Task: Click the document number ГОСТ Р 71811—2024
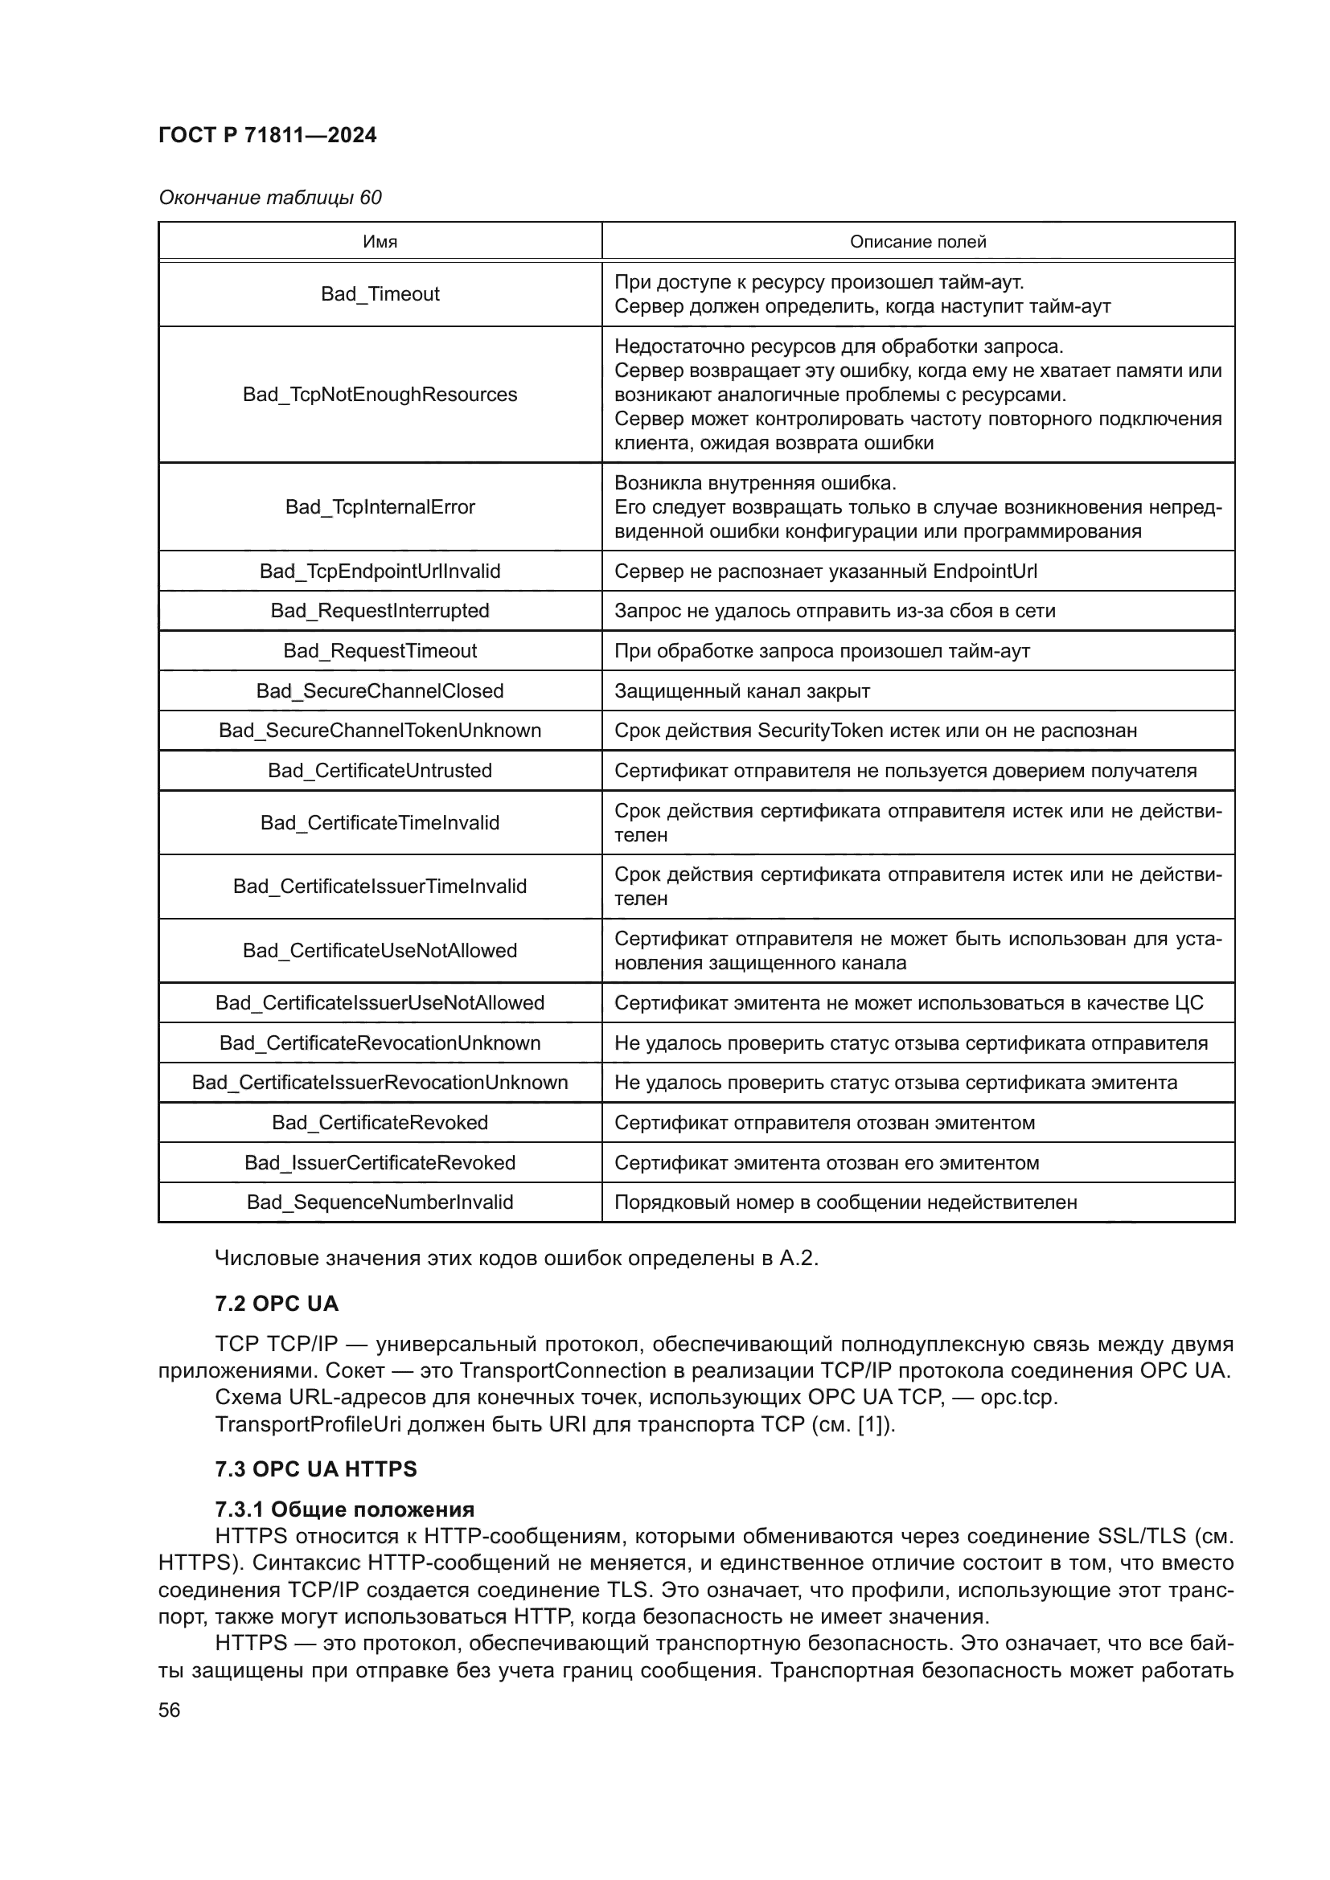point(267,135)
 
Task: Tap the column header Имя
point(380,242)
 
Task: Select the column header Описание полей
point(917,242)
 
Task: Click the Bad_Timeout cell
point(380,294)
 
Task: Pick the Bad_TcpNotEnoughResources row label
point(380,395)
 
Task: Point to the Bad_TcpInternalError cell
point(380,507)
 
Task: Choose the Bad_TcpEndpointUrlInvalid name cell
point(380,571)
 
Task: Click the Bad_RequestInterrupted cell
point(380,611)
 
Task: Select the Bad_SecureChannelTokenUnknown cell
point(380,731)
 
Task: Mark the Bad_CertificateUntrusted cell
point(380,771)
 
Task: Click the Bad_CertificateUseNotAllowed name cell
point(380,951)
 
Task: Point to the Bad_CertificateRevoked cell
point(380,1123)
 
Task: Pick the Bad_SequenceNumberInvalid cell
point(380,1202)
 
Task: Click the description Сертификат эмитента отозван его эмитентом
point(827,1163)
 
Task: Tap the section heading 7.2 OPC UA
point(276,1304)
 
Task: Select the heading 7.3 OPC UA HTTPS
point(315,1469)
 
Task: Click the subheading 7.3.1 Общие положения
point(344,1509)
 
